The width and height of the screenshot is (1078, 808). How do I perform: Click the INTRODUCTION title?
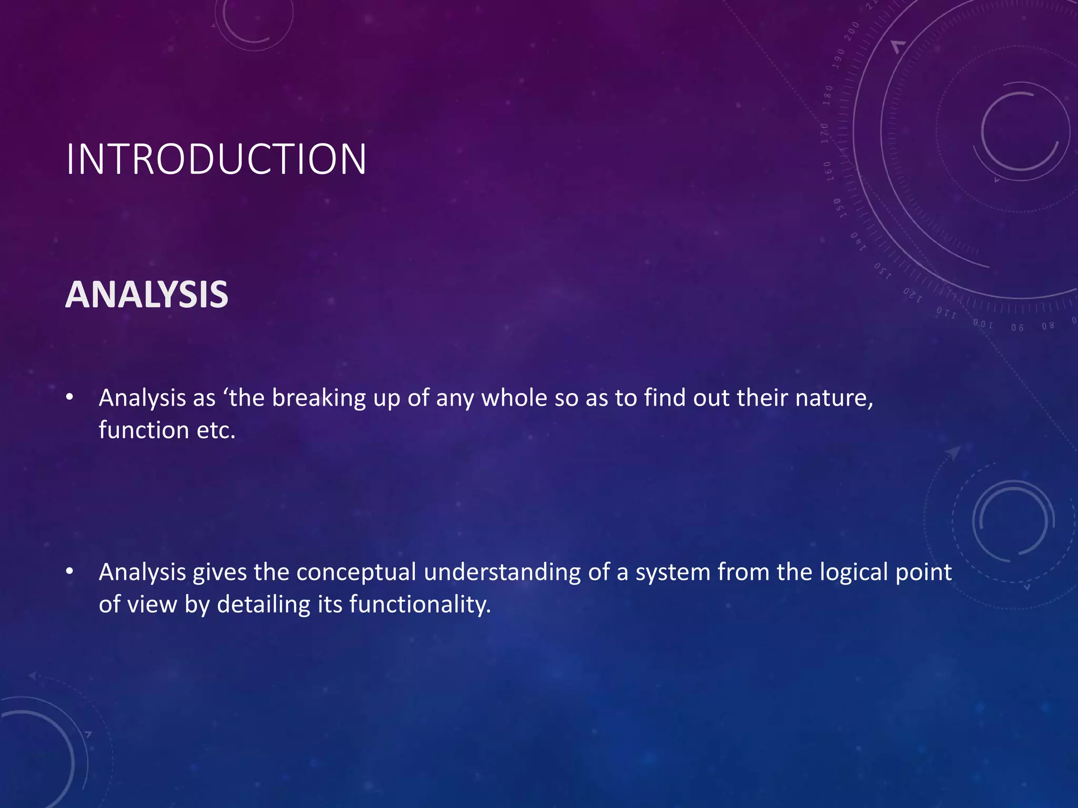[216, 159]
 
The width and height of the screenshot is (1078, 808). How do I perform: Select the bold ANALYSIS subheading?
[147, 295]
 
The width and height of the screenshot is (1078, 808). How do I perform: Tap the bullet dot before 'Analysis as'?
[69, 398]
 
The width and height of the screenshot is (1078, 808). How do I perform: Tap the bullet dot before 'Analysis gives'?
[69, 572]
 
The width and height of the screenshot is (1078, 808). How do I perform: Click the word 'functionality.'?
[420, 604]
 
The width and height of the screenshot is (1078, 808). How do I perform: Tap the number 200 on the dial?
[851, 32]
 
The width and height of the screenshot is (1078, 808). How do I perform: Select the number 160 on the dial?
[828, 171]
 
